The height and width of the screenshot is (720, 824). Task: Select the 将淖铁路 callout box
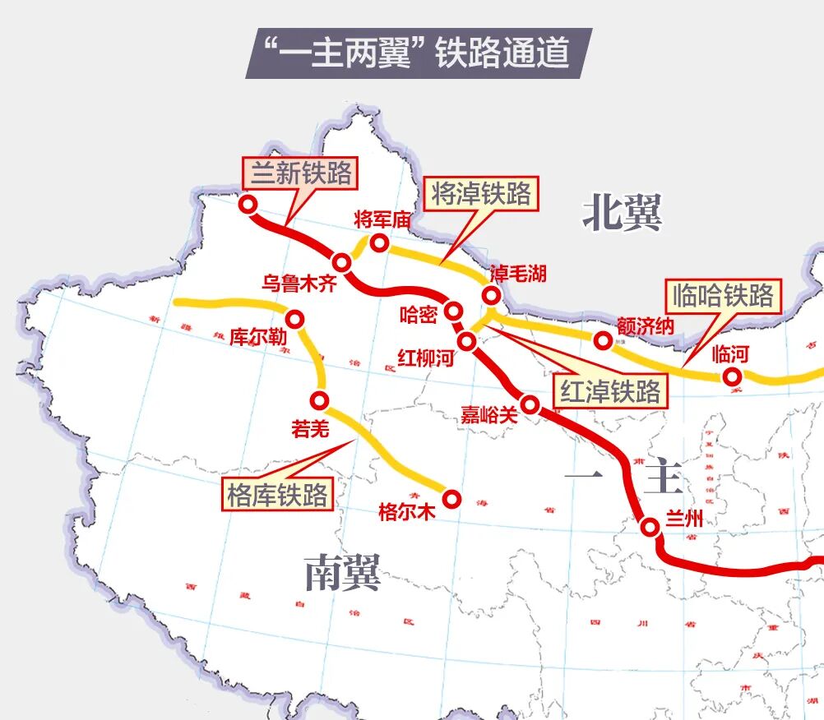[481, 194]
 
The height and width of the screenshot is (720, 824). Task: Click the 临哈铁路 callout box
[724, 296]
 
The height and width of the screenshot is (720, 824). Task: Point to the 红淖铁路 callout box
[610, 391]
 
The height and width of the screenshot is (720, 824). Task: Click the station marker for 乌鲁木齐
[343, 263]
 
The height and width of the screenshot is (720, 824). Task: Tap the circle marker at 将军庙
[379, 242]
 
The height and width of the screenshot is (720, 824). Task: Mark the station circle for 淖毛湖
[492, 295]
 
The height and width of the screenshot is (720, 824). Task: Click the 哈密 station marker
[453, 311]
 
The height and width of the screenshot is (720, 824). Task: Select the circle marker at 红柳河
[466, 340]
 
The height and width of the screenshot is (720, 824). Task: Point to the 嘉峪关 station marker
[530, 404]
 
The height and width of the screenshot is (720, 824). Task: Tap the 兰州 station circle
[650, 527]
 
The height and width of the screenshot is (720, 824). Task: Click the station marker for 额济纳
[604, 340]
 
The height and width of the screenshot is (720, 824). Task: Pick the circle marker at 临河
[731, 376]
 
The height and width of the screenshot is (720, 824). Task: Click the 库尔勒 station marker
[294, 318]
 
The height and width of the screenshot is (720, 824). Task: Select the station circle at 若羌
[319, 400]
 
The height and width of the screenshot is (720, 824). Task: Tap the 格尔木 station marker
[451, 497]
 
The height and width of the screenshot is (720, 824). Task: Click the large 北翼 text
[622, 213]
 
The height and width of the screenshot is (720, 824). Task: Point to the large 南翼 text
[342, 572]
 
